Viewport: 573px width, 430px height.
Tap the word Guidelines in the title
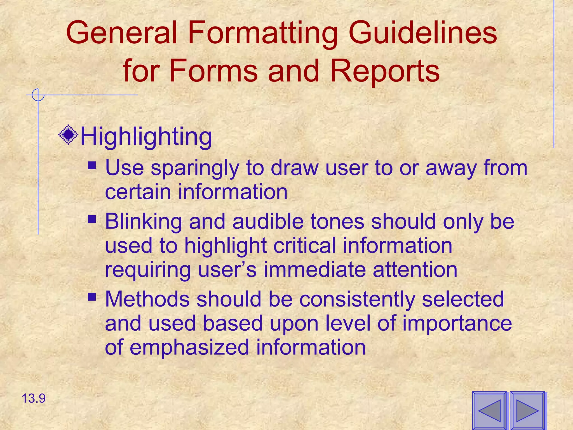(422, 33)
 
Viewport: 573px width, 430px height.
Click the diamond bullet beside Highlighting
(68, 135)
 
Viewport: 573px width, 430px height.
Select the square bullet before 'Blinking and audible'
(91, 219)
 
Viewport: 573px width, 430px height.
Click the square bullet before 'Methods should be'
(91, 296)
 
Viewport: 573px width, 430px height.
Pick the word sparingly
(195, 169)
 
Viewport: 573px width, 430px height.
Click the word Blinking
(144, 221)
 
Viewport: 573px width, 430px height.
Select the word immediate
(315, 269)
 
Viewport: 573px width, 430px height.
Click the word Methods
(147, 299)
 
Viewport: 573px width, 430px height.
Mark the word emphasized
(189, 347)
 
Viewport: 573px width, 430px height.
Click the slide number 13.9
(34, 398)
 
